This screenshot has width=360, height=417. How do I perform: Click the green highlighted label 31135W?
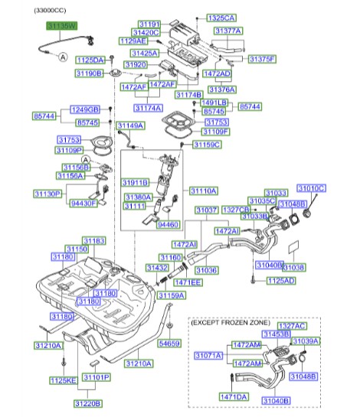(x=61, y=25)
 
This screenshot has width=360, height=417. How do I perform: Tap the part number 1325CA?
(x=221, y=17)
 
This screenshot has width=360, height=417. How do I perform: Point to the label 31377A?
(x=227, y=31)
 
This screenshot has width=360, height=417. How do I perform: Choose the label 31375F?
(x=262, y=59)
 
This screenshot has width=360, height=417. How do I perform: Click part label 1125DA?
(x=90, y=59)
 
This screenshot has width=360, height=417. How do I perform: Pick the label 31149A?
(x=130, y=125)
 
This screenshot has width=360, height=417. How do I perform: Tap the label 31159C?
(x=207, y=144)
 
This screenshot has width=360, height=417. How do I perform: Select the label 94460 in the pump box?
(x=169, y=226)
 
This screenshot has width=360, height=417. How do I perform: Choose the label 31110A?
(x=204, y=191)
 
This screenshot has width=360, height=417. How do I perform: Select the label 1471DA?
(x=234, y=396)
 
